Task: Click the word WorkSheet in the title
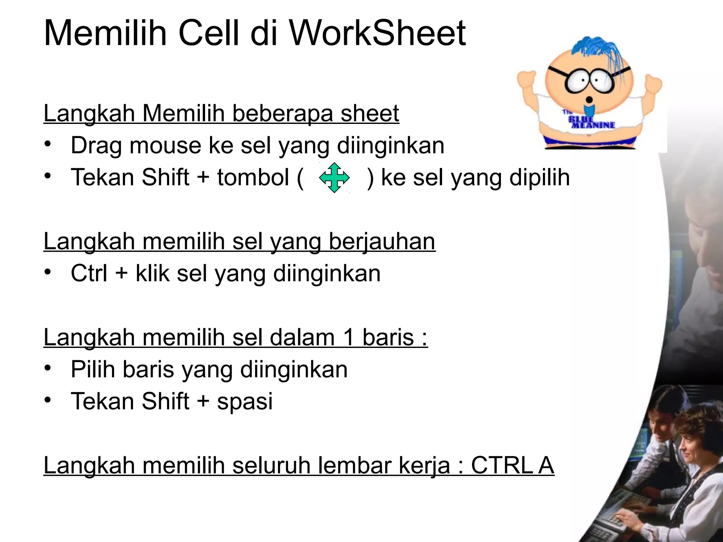coord(377,33)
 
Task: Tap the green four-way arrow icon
coord(334,177)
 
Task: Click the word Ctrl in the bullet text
coord(89,273)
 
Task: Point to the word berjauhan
coord(382,241)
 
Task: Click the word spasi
coord(245,402)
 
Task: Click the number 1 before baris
coord(348,337)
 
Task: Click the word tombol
coord(253,177)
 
